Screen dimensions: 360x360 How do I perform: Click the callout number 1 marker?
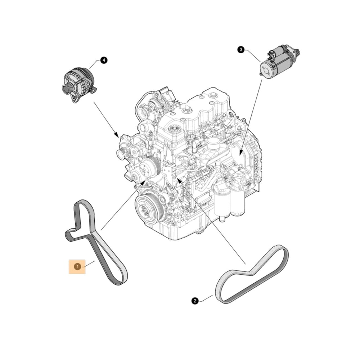(x=77, y=266)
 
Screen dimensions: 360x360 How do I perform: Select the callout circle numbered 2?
(x=195, y=301)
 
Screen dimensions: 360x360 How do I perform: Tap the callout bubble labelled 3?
(x=241, y=50)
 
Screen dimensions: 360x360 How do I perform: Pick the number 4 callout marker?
(x=103, y=60)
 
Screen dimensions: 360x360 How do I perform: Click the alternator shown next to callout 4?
(x=78, y=84)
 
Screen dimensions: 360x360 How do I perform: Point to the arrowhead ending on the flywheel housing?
(x=240, y=154)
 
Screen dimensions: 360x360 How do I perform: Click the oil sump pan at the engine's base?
(x=187, y=230)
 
